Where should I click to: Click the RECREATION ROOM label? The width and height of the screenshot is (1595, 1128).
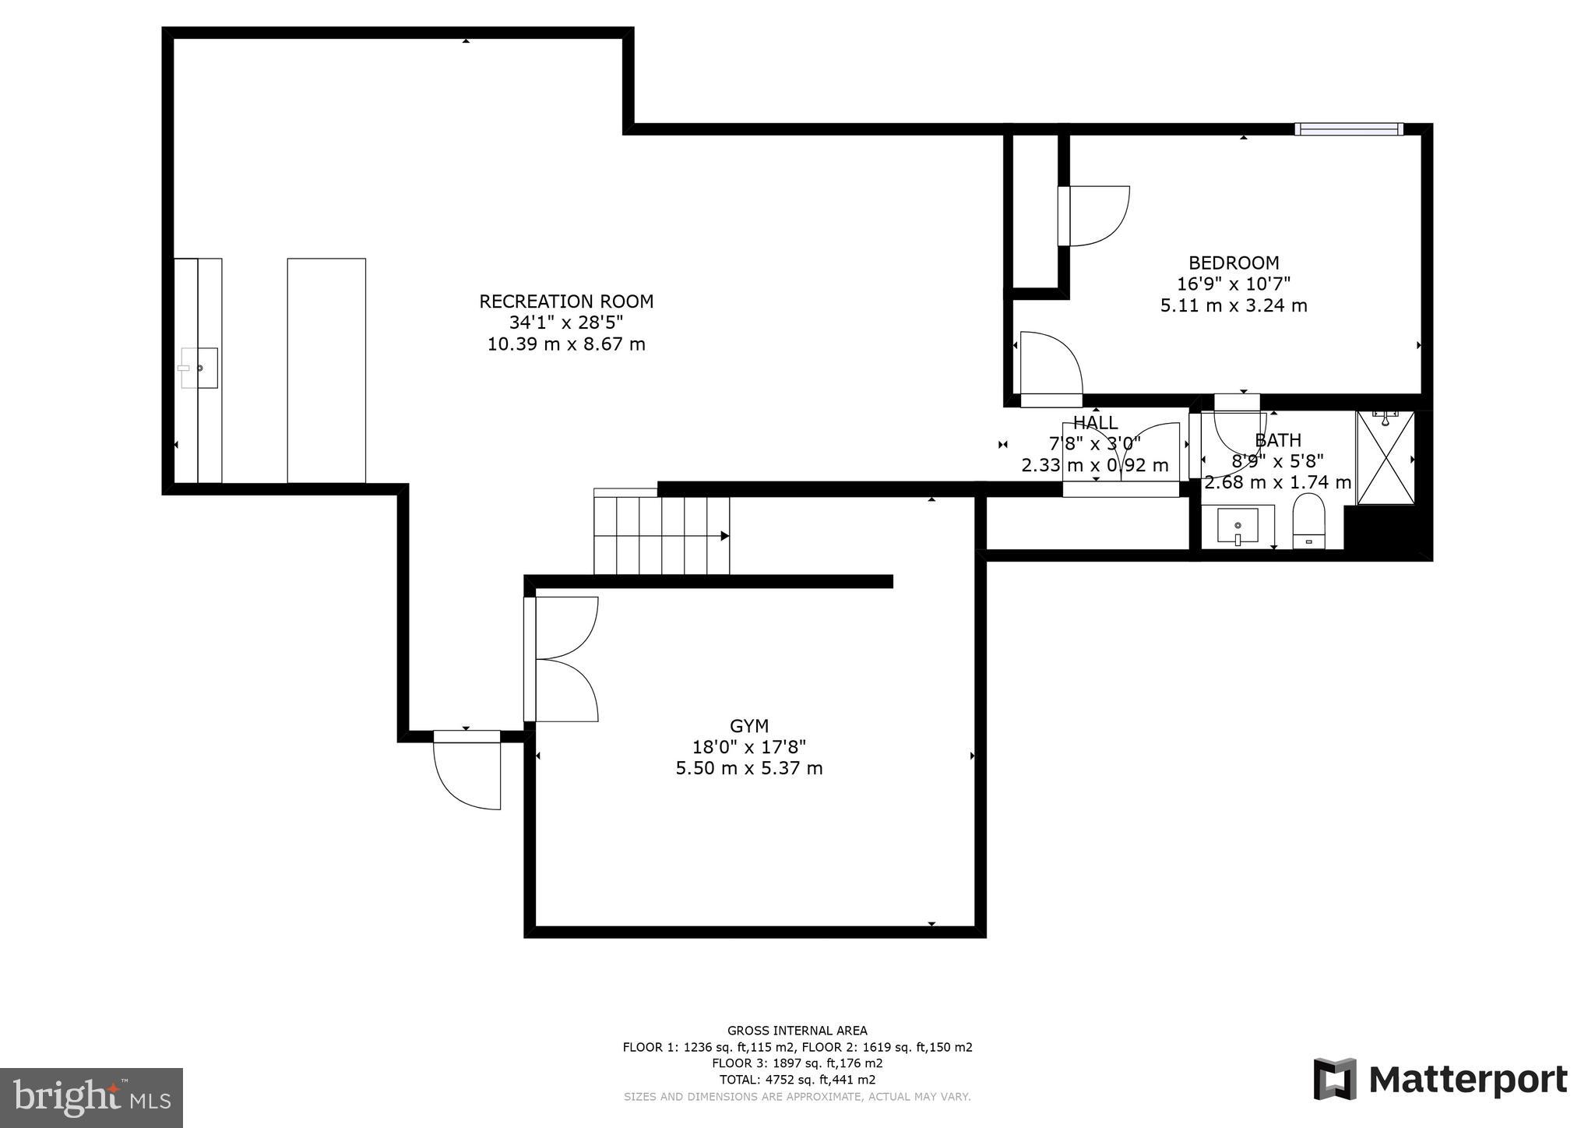[566, 301]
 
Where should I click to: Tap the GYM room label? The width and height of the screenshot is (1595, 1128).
[749, 726]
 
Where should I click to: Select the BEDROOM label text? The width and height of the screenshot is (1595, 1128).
[1234, 263]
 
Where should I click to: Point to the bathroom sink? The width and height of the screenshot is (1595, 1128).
[1238, 527]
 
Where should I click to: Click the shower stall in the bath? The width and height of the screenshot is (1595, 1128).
[1385, 458]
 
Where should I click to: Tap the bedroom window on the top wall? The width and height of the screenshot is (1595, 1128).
[1349, 129]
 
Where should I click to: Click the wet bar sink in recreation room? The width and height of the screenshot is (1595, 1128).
[199, 368]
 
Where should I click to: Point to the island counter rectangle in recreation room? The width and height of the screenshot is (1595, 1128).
[326, 370]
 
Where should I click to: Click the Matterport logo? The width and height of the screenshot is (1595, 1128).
[1440, 1080]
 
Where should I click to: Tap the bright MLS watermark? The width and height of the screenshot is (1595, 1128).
[91, 1098]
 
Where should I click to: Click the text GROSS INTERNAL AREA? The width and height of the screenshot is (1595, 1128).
[797, 1031]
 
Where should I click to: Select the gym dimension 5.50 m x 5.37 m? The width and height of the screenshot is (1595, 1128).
[749, 768]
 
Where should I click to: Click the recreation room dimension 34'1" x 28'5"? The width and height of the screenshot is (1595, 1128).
[566, 323]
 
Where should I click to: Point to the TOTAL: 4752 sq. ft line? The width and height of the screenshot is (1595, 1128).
[797, 1080]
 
